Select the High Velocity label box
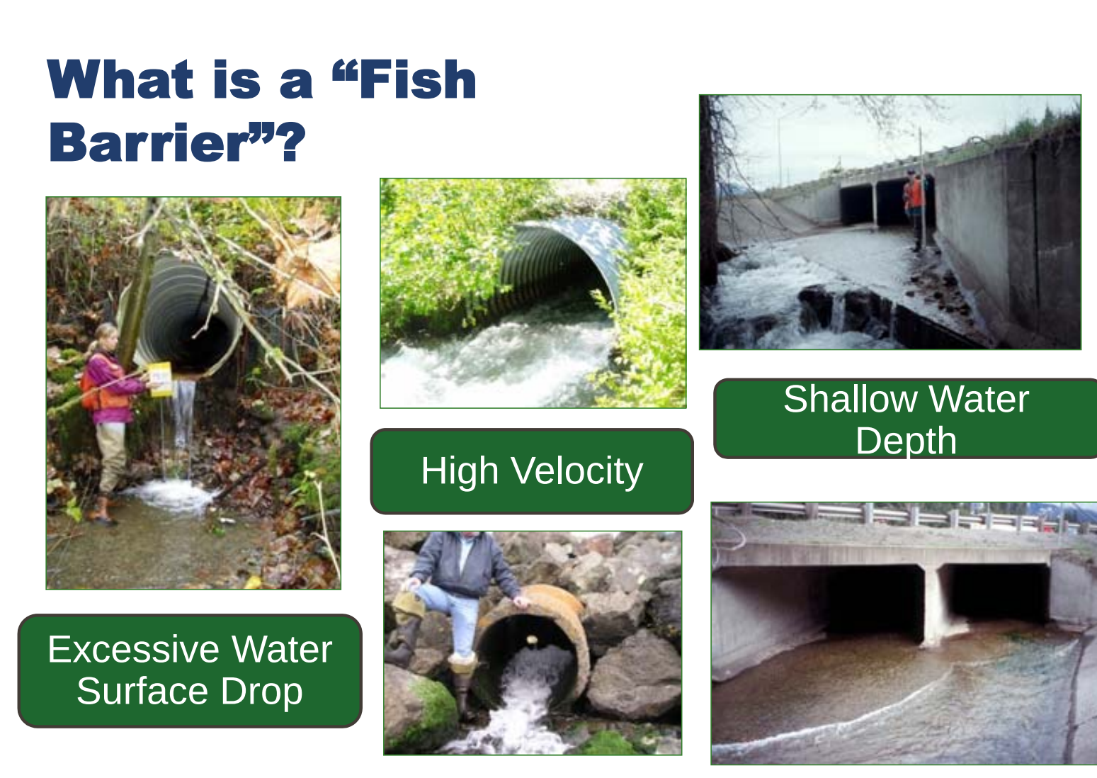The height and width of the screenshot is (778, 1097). (x=532, y=471)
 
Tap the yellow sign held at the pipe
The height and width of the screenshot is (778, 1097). (x=160, y=379)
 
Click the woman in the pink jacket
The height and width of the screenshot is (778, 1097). (x=109, y=422)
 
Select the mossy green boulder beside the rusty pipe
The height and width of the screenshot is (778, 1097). (x=422, y=711)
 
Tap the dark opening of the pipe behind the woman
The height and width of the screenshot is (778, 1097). (x=202, y=343)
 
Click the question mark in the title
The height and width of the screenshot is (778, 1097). (x=292, y=142)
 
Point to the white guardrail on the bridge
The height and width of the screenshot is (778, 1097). (x=906, y=517)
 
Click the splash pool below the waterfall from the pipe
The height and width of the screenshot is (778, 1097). (x=171, y=495)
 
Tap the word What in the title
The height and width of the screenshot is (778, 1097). (x=120, y=79)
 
